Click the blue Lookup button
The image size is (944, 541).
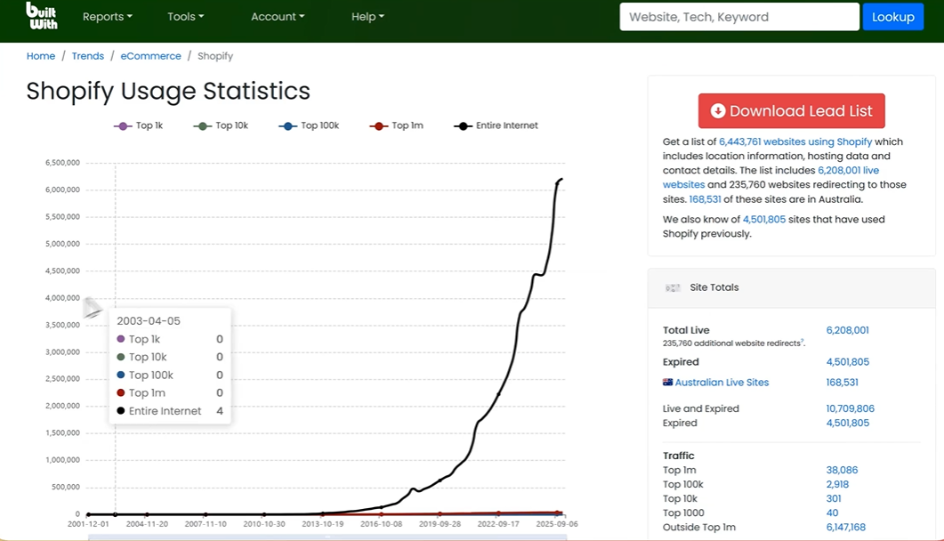[x=892, y=17]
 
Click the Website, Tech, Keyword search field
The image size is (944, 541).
[x=739, y=17]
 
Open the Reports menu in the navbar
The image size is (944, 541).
[x=107, y=17]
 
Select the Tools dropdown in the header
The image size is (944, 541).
[x=185, y=17]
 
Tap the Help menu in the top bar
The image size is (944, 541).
[x=367, y=17]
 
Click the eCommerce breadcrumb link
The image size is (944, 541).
[x=150, y=56]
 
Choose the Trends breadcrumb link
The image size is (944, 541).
[x=88, y=56]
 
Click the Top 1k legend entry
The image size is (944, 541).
[x=139, y=125]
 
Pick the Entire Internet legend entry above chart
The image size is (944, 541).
[x=496, y=125]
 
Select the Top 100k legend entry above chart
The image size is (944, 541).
[x=309, y=125]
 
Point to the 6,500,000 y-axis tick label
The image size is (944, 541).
[x=62, y=163]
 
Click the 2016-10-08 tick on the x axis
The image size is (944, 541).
[x=381, y=524]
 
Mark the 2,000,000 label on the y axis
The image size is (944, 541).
[x=62, y=406]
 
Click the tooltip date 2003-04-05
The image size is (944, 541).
[x=149, y=320]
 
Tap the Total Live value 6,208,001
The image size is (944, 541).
[x=848, y=330]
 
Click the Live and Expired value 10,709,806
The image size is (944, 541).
[x=850, y=408]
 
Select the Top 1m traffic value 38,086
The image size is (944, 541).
[x=842, y=470]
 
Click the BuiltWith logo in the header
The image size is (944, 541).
[x=42, y=16]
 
